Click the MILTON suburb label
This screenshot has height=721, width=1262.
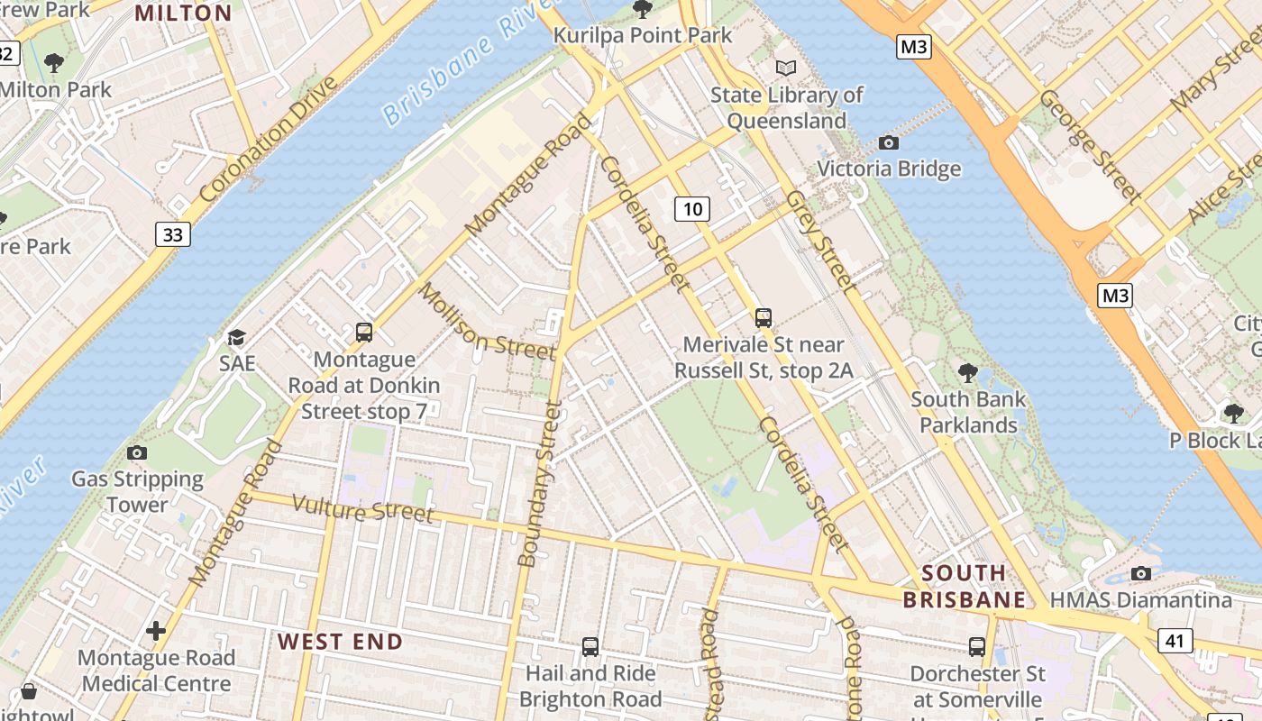point(183,14)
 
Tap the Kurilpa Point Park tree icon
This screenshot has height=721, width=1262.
point(642,9)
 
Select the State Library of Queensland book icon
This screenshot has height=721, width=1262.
point(786,68)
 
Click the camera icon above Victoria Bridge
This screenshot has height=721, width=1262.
point(888,142)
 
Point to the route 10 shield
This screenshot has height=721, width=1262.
point(691,209)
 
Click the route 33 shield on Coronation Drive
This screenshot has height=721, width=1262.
point(172,235)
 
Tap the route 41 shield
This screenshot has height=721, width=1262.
point(1175,641)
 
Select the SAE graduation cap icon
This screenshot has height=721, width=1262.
point(236,337)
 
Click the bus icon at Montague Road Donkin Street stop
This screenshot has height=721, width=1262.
point(364,333)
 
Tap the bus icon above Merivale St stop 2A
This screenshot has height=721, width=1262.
point(764,317)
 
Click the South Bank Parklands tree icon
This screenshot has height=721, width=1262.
point(967,371)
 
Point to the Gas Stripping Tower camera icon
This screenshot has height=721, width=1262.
point(137,452)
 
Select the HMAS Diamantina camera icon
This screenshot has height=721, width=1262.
point(1140,573)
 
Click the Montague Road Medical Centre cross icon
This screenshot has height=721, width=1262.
point(156,630)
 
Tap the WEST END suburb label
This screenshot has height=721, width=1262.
point(340,642)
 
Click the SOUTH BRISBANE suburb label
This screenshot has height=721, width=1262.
point(964,586)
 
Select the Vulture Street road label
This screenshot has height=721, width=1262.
point(363,509)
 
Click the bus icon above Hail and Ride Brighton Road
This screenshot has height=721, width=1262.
point(590,646)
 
